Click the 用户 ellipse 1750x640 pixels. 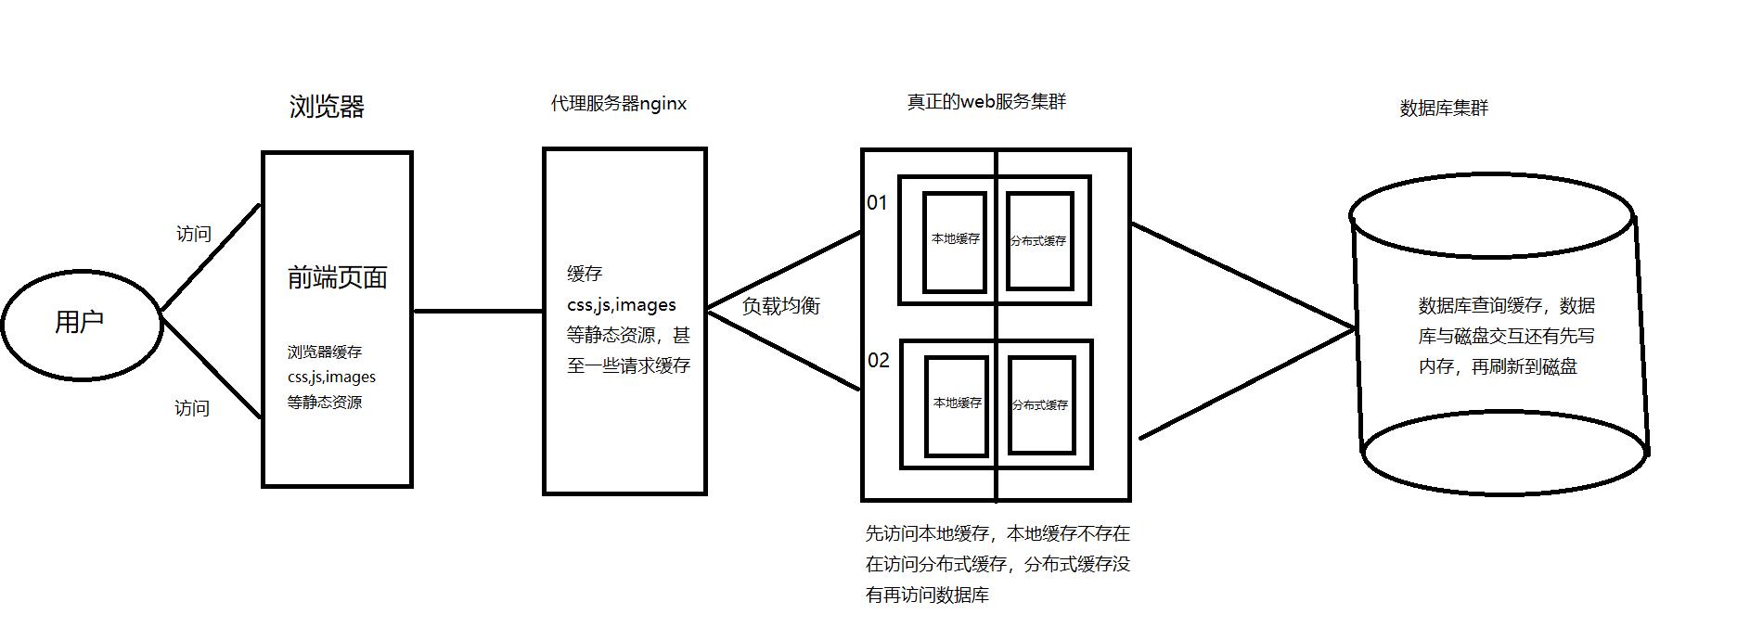[81, 323]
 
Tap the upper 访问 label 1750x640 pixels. [194, 234]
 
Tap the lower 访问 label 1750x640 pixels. [192, 408]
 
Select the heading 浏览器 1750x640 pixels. [327, 108]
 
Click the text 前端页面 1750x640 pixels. [337, 277]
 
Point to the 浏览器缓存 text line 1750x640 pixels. [325, 352]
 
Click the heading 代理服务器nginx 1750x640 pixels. [619, 104]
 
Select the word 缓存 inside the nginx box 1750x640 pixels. [585, 274]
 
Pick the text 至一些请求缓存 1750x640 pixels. [628, 365]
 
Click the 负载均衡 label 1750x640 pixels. [781, 306]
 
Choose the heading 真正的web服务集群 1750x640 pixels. [986, 102]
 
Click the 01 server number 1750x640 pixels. [877, 202]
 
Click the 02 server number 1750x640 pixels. [878, 360]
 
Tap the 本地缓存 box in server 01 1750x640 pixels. [955, 241]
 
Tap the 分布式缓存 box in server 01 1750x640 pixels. [1038, 241]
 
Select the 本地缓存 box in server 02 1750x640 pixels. [957, 404]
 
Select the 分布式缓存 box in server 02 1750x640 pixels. [1040, 405]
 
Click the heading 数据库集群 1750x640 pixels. [1444, 109]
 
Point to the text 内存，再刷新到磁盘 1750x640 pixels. [1498, 366]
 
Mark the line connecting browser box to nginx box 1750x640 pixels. [477, 311]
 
